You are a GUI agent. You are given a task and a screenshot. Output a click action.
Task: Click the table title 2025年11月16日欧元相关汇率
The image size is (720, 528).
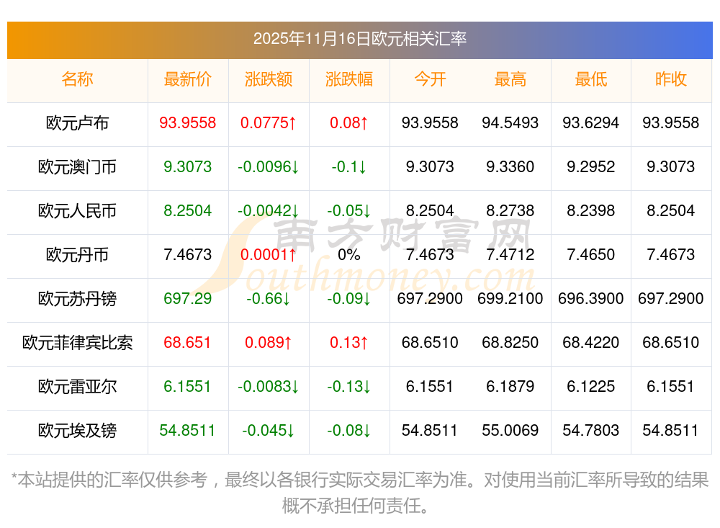359,38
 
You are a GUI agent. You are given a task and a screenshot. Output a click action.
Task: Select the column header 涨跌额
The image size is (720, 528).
269,79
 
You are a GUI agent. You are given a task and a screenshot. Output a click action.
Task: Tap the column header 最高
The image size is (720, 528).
510,79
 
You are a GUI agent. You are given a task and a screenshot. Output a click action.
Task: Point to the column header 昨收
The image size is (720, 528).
671,79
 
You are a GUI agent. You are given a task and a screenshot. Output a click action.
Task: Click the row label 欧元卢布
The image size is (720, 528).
77,123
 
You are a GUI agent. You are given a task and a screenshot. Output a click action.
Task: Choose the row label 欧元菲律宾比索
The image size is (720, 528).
77,343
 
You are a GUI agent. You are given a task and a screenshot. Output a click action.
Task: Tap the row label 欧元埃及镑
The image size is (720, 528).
77,431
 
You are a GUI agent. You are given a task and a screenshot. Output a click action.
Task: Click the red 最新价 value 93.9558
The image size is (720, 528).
188,123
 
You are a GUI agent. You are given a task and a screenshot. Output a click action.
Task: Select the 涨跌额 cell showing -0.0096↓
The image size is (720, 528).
269,167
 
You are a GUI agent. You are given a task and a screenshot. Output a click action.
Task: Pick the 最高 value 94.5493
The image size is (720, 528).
510,123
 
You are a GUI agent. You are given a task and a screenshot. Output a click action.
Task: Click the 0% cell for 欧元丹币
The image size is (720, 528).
349,255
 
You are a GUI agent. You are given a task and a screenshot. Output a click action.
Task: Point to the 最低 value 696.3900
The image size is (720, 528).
591,299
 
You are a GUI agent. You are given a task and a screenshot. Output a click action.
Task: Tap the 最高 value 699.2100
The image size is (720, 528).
510,299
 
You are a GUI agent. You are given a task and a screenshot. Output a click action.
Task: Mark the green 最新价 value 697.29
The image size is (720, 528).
188,299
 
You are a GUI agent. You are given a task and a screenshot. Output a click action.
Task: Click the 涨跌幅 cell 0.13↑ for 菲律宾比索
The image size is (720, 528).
349,343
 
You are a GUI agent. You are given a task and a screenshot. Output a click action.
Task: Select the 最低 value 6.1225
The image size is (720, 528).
591,387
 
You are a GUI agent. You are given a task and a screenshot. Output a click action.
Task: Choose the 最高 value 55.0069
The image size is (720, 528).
510,431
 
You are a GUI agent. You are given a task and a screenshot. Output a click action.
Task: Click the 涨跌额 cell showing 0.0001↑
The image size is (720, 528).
269,255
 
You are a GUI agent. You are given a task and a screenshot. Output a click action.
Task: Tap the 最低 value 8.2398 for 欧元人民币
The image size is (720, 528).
591,211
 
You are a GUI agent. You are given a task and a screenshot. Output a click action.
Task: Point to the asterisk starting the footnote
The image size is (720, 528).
14,479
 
